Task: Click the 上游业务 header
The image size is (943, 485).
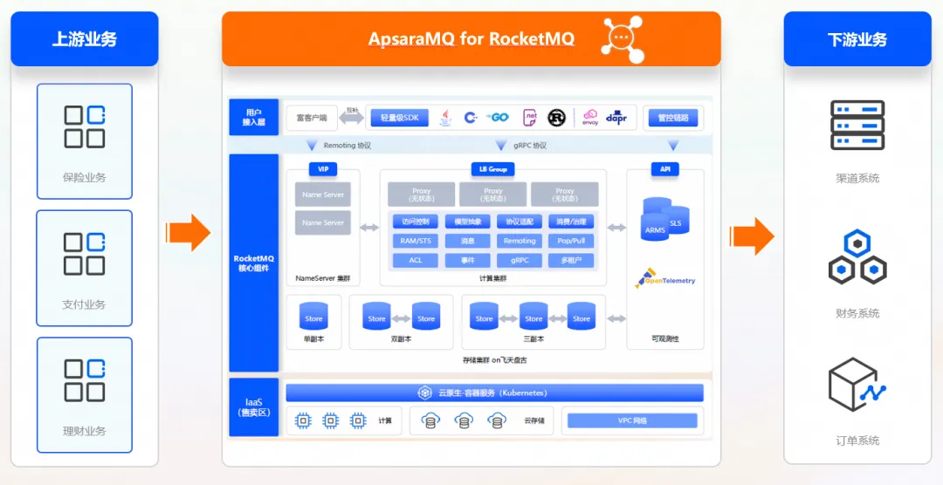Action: click(84, 39)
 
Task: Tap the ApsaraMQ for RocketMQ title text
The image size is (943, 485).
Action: click(471, 39)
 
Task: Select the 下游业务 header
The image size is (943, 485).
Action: click(857, 39)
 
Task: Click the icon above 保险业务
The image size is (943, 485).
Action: click(85, 126)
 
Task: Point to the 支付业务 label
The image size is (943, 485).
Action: click(85, 304)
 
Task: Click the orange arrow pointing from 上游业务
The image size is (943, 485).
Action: click(188, 233)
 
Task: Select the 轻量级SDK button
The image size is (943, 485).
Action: click(399, 118)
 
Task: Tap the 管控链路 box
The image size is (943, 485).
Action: click(672, 118)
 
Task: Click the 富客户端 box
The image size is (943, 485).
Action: click(312, 118)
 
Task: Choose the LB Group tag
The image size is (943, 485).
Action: click(492, 168)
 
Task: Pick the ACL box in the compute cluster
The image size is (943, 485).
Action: click(416, 260)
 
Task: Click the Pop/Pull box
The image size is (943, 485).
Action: click(571, 241)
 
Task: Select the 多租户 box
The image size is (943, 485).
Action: click(571, 260)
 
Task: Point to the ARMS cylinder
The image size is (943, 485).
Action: click(655, 222)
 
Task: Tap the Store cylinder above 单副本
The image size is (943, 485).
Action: click(313, 316)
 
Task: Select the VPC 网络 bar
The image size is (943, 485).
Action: click(632, 421)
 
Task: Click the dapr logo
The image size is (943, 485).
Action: click(616, 117)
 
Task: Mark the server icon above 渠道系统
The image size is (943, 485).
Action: click(857, 126)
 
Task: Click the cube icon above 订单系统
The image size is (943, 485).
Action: click(857, 385)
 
